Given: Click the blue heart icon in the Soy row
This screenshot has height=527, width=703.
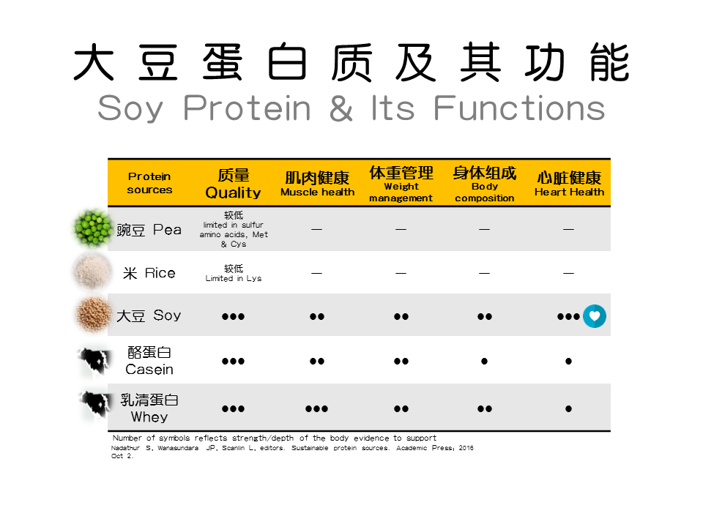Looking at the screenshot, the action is [x=595, y=316].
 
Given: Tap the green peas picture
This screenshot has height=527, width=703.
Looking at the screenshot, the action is [x=92, y=228].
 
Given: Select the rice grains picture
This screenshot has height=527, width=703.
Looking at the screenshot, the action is [x=92, y=271].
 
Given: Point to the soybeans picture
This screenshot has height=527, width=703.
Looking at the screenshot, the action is [x=92, y=315].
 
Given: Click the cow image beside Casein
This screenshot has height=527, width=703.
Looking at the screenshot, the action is [x=94, y=361].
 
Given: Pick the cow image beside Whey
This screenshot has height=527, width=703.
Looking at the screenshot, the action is [x=94, y=406].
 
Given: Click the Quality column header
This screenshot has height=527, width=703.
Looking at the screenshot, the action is [x=233, y=183].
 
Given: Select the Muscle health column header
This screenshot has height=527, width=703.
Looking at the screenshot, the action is [x=317, y=183].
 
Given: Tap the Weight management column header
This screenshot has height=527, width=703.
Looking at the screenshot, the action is [x=401, y=183].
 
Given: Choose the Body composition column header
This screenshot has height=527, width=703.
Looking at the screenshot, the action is [x=484, y=183].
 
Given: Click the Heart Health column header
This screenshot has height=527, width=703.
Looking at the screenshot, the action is [x=569, y=183].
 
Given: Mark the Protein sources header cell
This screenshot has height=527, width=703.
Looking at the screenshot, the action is [x=149, y=183].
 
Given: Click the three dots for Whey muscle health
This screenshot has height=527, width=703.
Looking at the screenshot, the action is [x=316, y=408].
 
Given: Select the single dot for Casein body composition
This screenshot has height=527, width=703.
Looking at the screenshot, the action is [x=484, y=361].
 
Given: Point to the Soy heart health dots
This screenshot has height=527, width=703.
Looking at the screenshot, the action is [x=568, y=316].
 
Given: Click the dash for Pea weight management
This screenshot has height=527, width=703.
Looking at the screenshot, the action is [x=401, y=229].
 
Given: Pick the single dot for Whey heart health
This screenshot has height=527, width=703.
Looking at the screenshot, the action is [x=568, y=408].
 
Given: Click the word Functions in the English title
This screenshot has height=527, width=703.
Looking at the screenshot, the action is [x=519, y=108].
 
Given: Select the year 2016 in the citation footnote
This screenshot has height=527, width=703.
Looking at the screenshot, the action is [x=466, y=448].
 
